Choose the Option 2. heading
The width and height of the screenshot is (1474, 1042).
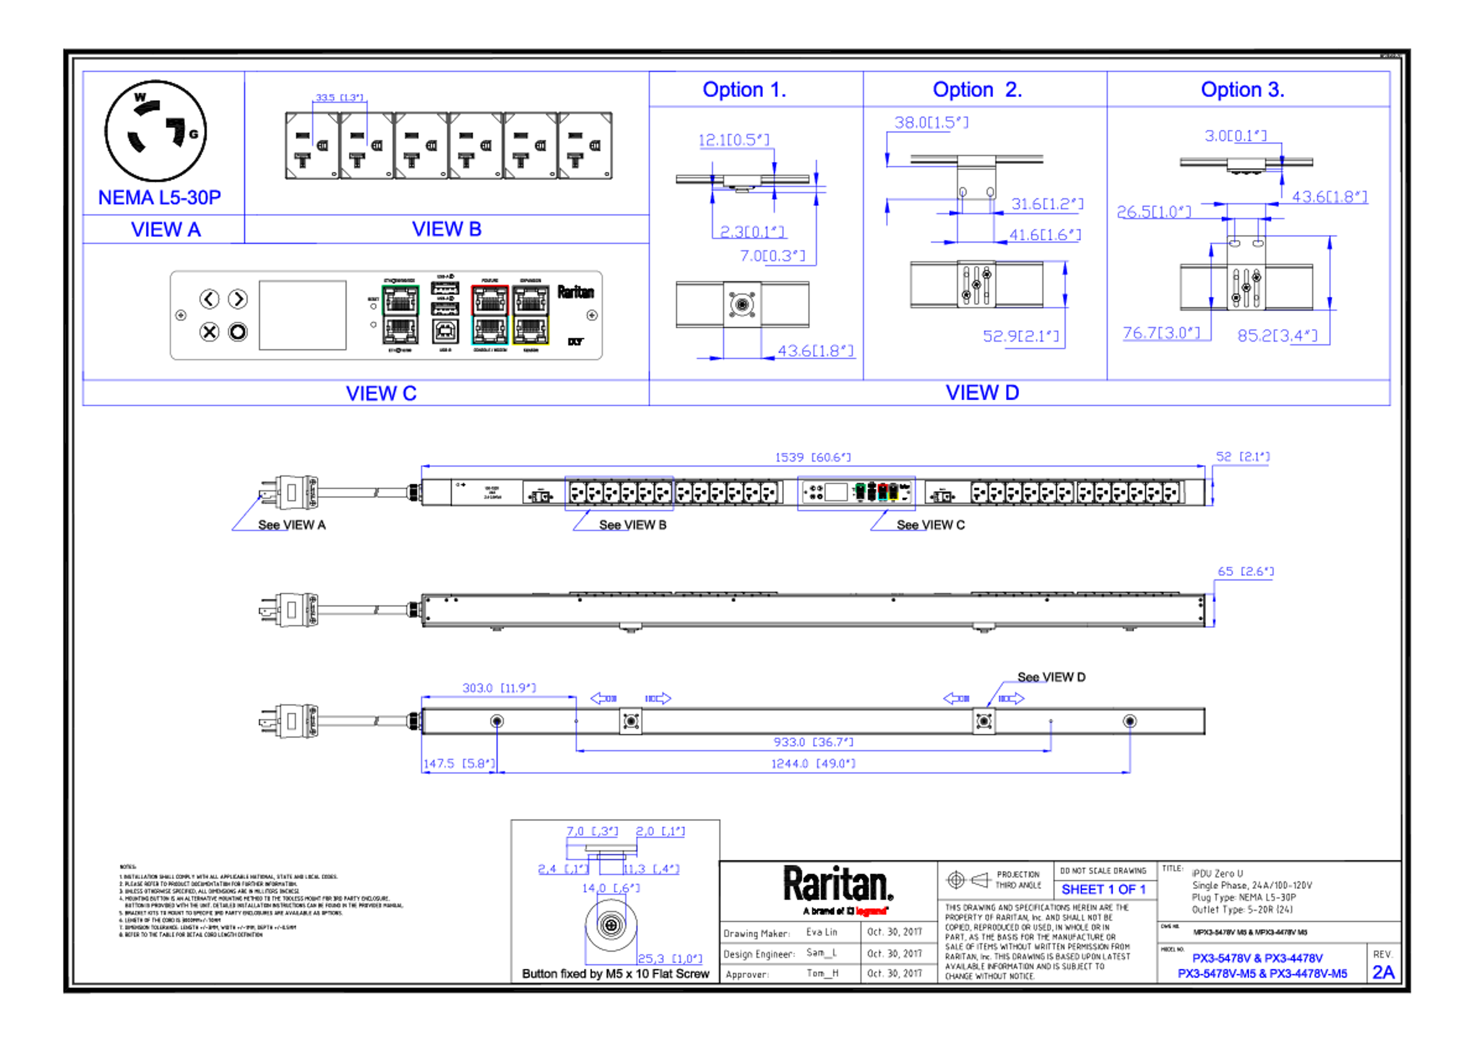[x=977, y=89]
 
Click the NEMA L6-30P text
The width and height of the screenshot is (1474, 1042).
[x=160, y=197]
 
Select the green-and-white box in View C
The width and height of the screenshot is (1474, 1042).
[x=401, y=315]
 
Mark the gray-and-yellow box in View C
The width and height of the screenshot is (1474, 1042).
[x=531, y=315]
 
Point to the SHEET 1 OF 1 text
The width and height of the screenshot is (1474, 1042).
[x=1103, y=890]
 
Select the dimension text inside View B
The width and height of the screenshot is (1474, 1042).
[x=340, y=97]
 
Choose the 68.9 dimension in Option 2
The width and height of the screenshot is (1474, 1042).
[x=1021, y=336]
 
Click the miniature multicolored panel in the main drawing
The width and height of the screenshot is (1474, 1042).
[x=856, y=492]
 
